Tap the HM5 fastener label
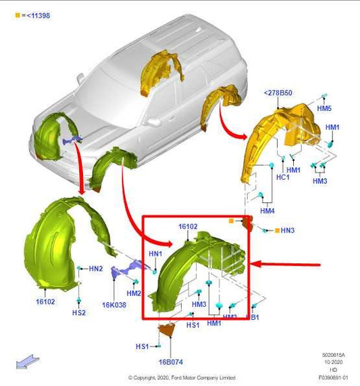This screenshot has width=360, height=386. pos(324,108)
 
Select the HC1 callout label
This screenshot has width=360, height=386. pos(283,177)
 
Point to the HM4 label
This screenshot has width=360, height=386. pos(267,211)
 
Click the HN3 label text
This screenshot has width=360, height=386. pos(288,231)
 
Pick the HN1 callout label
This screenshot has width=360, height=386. pos(155,254)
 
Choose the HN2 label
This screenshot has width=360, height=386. pos(96,268)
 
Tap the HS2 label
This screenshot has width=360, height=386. pos(79,313)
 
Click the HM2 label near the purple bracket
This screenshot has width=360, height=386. pos(134,293)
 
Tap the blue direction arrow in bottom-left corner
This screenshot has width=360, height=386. pos(26,362)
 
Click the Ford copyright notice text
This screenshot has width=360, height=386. pos(182,378)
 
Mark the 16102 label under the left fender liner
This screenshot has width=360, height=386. pos(45,301)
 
